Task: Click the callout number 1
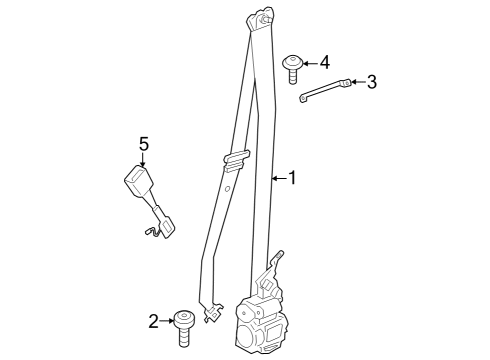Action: pyautogui.click(x=292, y=179)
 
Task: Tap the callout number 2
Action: pyautogui.click(x=153, y=321)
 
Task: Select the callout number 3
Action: pyautogui.click(x=371, y=82)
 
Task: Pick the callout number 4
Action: pyautogui.click(x=324, y=62)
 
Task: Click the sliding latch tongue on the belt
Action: pyautogui.click(x=233, y=158)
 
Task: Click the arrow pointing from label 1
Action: pyautogui.click(x=278, y=179)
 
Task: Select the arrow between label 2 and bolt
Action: pyautogui.click(x=166, y=321)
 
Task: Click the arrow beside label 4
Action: pyautogui.click(x=309, y=62)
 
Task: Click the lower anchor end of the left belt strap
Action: pyautogui.click(x=213, y=314)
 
